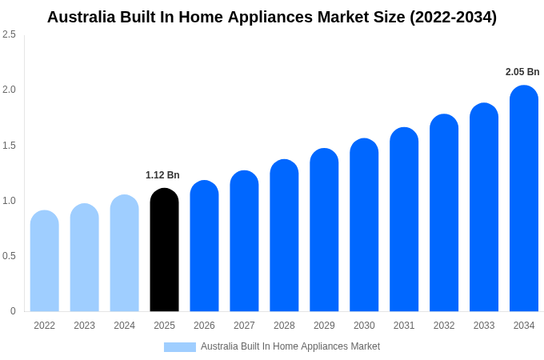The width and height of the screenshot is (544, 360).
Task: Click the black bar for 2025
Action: [x=164, y=250]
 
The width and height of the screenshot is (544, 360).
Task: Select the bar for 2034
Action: [x=524, y=199]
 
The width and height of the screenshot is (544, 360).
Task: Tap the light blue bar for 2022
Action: [x=45, y=262]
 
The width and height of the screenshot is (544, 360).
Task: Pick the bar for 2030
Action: [x=364, y=226]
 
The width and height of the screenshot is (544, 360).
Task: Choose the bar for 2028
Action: [x=284, y=236]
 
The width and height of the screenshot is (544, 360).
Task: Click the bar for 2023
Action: [x=84, y=258]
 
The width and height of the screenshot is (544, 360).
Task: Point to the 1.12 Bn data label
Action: [x=162, y=175]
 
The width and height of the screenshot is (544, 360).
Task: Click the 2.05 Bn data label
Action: [x=522, y=72]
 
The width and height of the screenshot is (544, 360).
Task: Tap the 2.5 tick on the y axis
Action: [x=9, y=34]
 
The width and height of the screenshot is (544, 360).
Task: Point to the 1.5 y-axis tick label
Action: [x=9, y=146]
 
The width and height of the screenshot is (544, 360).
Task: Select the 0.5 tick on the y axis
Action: [x=9, y=256]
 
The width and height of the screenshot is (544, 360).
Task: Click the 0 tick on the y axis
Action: [x=13, y=311]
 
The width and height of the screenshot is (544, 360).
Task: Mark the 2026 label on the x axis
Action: [x=204, y=326]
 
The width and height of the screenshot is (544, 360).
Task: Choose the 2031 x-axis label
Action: [x=404, y=326]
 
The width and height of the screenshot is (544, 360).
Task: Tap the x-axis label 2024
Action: [x=124, y=326]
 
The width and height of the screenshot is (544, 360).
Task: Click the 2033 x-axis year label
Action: [x=484, y=326]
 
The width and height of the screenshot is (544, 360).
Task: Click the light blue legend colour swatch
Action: [x=180, y=347]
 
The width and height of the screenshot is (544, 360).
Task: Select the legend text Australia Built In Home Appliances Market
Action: [x=290, y=346]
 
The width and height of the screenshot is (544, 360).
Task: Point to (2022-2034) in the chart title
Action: [x=453, y=17]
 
